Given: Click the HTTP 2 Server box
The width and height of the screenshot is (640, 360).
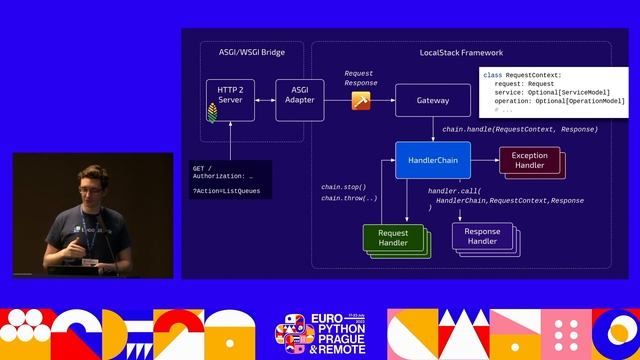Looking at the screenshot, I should point(230,100).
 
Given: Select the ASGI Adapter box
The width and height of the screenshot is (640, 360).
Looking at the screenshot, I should point(299,100).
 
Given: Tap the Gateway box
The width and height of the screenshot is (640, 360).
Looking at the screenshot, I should point(433,101).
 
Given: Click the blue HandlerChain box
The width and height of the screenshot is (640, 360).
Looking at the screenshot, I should point(432,160).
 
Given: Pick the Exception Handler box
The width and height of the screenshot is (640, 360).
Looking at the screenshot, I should point(529,161).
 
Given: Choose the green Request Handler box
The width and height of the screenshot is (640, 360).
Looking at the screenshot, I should point(392,238).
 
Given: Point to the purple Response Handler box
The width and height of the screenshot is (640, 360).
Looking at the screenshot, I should point(482,236).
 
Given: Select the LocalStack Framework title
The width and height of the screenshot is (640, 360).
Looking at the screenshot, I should point(461,51).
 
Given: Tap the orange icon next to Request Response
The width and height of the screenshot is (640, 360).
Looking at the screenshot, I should point(361,100).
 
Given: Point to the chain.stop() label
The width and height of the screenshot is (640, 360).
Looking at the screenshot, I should point(343,187).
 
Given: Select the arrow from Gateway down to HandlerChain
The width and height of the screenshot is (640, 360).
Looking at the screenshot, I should point(433,130).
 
